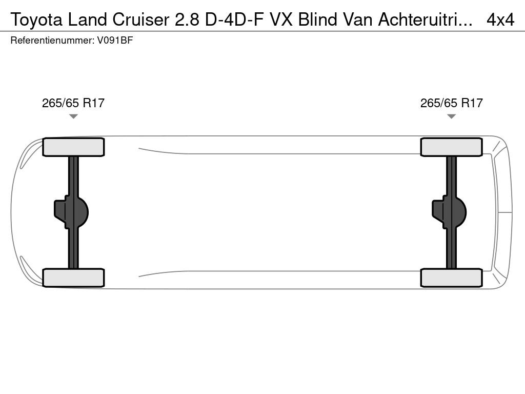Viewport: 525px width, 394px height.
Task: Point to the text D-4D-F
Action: click(x=234, y=19)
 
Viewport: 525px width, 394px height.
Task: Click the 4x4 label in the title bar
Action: click(x=500, y=19)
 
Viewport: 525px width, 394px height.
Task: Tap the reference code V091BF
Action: click(x=115, y=41)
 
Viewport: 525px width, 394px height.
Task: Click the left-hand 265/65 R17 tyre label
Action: click(x=73, y=103)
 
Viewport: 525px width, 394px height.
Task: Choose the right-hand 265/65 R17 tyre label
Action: click(x=451, y=103)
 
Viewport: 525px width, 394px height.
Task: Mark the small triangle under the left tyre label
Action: click(x=73, y=116)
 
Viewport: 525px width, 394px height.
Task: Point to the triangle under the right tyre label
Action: click(x=451, y=116)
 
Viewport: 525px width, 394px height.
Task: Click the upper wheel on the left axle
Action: click(x=73, y=147)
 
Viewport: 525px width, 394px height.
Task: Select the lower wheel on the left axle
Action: click(x=73, y=278)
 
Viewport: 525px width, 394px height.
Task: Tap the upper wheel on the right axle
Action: click(x=451, y=147)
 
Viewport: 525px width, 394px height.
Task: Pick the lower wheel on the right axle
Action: click(x=451, y=278)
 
